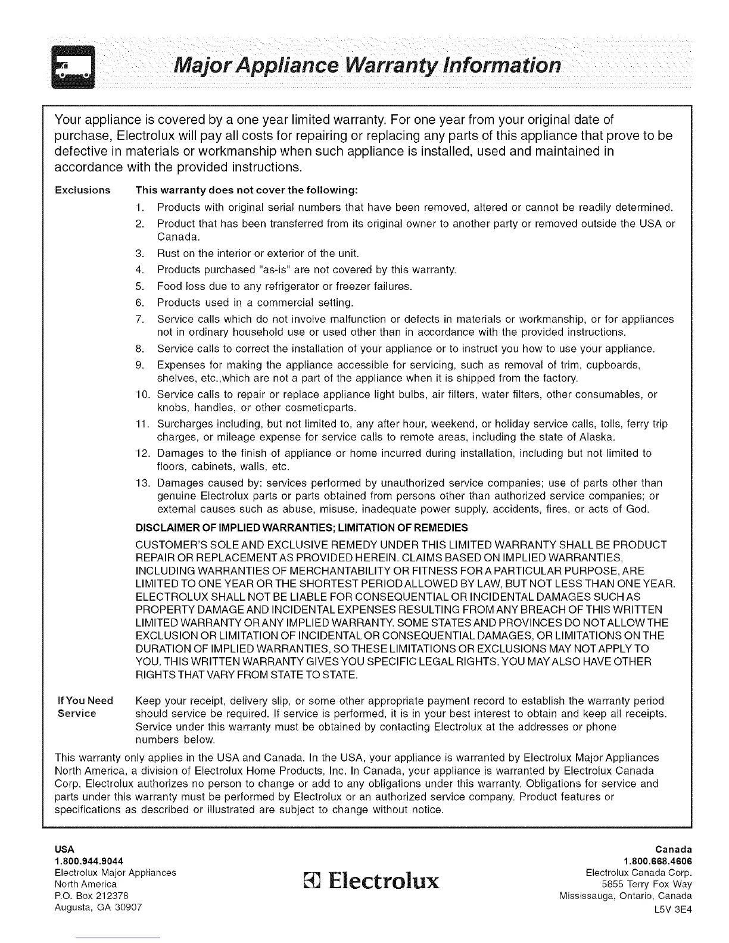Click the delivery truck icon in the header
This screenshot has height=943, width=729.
tap(74, 65)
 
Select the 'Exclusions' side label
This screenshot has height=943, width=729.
tap(83, 191)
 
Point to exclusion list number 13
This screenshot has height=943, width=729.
tap(142, 483)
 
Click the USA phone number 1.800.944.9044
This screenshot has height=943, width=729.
tap(89, 861)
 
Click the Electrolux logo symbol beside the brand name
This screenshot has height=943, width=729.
tap(313, 880)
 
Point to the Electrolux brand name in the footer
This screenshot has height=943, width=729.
tap(382, 880)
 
